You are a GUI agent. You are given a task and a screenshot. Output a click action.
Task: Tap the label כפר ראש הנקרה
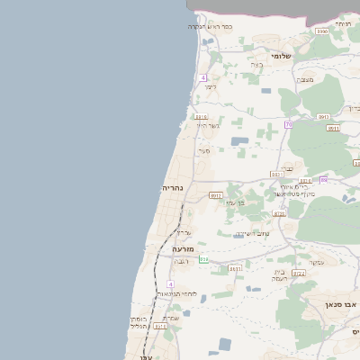[x=210, y=26]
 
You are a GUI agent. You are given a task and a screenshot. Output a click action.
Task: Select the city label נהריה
[x=173, y=187]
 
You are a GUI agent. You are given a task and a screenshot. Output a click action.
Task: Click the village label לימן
[x=211, y=86]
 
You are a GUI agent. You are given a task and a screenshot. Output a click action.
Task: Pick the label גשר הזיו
[x=208, y=125]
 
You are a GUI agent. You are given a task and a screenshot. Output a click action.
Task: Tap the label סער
[x=204, y=150]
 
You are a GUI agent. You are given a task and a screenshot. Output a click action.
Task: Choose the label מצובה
[x=306, y=80]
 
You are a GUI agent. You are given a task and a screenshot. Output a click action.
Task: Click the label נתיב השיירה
[x=252, y=234]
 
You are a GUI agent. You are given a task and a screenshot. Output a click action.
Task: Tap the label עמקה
[x=317, y=261]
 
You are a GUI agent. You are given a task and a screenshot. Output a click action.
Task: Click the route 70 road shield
[x=288, y=123]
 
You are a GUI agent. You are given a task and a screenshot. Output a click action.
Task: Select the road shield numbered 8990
[x=321, y=31]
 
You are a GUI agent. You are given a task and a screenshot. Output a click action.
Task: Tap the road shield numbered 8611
[x=235, y=268]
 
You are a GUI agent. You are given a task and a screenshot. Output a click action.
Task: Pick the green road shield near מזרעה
[x=203, y=259]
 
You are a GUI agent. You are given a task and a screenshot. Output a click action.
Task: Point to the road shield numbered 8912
[x=215, y=194]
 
